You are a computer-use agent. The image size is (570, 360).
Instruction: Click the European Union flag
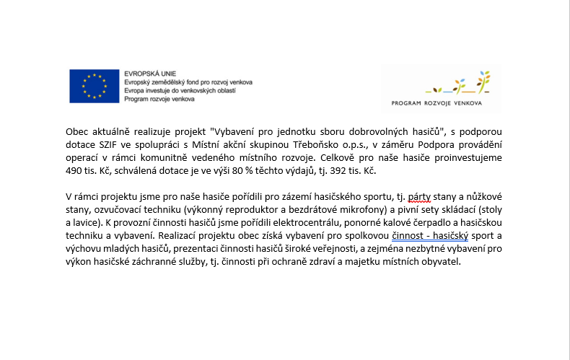coord(94,87)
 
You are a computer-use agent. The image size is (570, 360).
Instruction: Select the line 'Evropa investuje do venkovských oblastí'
coord(179,91)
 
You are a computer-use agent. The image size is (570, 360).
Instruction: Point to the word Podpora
coord(434,147)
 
